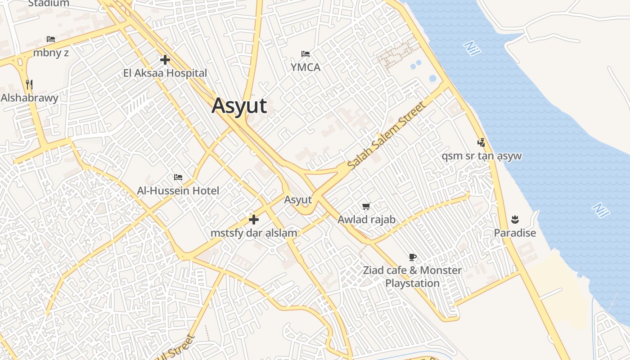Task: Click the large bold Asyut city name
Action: click(x=239, y=106)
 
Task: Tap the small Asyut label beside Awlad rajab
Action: click(x=298, y=200)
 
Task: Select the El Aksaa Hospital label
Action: click(x=165, y=73)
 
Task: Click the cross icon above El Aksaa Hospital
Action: click(x=165, y=59)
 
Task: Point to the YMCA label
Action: click(x=306, y=67)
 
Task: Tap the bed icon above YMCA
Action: click(x=306, y=54)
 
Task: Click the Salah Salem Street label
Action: click(x=386, y=135)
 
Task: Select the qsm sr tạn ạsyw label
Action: click(x=481, y=156)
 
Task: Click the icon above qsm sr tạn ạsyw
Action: click(x=481, y=143)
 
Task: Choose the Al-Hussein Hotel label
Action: click(x=178, y=191)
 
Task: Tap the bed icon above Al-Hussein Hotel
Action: click(x=178, y=177)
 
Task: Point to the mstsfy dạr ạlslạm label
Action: click(x=254, y=233)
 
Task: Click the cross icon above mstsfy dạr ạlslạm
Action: click(x=254, y=220)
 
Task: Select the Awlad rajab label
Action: click(x=366, y=220)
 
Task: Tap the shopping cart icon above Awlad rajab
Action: click(x=366, y=207)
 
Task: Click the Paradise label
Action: click(x=515, y=233)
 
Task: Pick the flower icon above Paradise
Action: click(x=515, y=220)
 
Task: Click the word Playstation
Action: click(x=412, y=283)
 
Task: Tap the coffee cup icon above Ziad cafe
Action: click(x=412, y=257)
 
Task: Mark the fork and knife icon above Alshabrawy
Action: click(x=29, y=85)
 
